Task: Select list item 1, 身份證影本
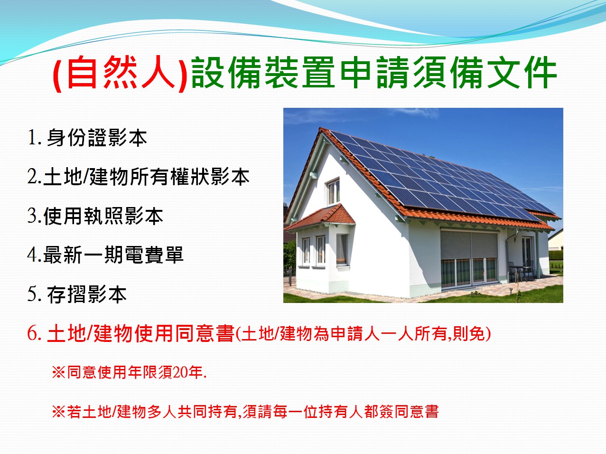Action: (x=87, y=137)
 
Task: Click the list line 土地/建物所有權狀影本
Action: (x=138, y=177)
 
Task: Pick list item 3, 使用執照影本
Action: (x=95, y=216)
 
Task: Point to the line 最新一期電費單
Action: (x=105, y=255)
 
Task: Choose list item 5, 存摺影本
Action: (x=77, y=294)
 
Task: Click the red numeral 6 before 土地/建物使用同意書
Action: (x=33, y=333)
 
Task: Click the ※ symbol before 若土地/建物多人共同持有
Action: (x=58, y=412)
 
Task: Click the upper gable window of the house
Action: (x=333, y=191)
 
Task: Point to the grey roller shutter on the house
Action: (x=469, y=245)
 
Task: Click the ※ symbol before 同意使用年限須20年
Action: (x=58, y=372)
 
